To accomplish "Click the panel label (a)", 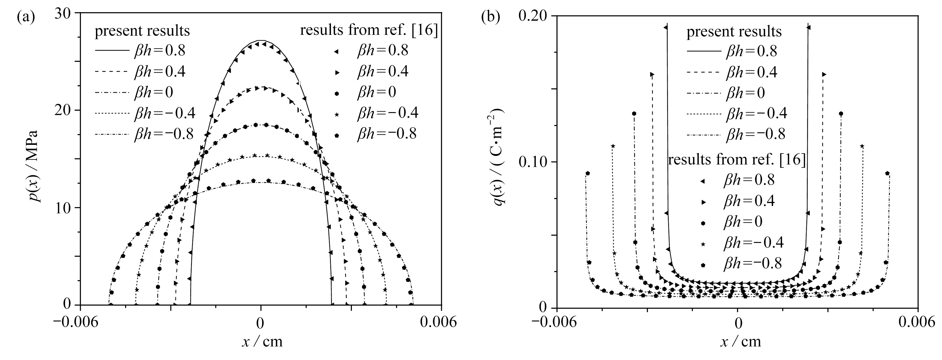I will pos(26,17).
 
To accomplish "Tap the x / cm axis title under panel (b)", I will pos(740,341).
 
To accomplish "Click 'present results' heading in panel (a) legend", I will pos(142,31).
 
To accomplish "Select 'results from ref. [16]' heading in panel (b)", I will pos(737,160).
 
